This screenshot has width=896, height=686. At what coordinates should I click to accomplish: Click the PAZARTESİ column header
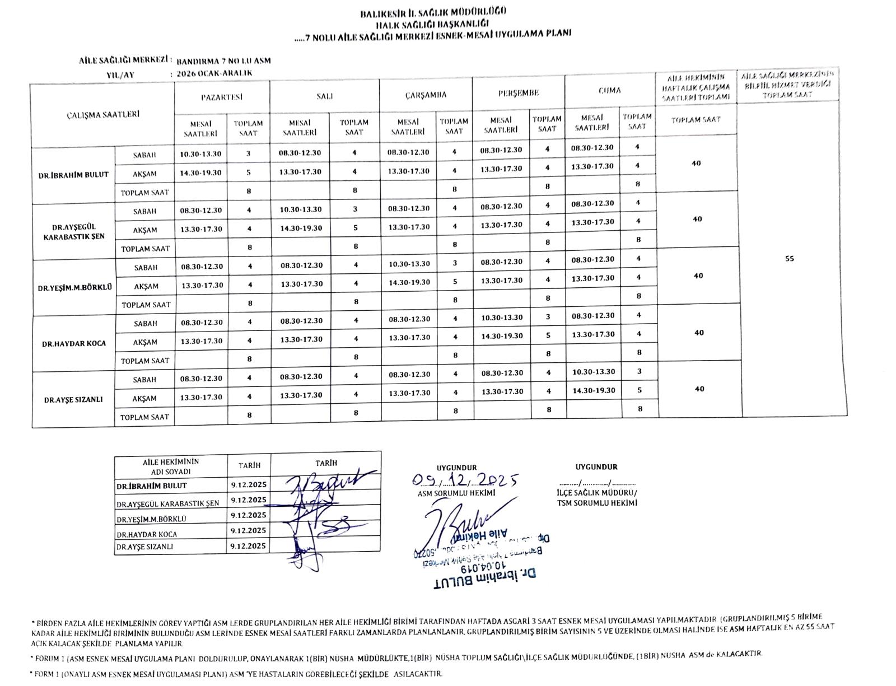(x=222, y=97)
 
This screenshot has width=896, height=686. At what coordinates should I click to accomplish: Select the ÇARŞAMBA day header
(x=426, y=95)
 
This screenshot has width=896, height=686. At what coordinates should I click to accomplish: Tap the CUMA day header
(x=609, y=90)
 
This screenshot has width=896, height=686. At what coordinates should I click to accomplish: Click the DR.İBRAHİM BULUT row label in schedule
(x=73, y=175)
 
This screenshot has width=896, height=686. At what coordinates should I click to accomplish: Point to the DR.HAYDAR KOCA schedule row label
(x=74, y=344)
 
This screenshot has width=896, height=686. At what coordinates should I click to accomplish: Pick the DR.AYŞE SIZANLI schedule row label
(x=74, y=400)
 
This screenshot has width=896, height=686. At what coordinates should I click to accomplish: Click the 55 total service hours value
(x=789, y=259)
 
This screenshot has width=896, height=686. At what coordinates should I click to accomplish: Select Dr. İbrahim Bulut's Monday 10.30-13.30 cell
(x=200, y=154)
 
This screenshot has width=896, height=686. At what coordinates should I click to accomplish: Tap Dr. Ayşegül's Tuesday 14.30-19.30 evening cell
(x=301, y=228)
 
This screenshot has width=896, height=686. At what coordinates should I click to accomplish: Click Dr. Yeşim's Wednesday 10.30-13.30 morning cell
(x=409, y=264)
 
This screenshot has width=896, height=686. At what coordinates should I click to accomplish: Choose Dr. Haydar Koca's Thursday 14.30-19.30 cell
(x=502, y=336)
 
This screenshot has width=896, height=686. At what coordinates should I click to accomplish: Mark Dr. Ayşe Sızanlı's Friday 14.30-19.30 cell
(x=594, y=390)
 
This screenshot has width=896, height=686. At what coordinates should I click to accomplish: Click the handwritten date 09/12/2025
(x=464, y=480)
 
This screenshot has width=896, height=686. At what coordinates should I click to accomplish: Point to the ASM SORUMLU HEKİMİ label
(x=456, y=493)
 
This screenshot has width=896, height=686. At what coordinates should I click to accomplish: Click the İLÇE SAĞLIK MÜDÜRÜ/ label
(x=597, y=493)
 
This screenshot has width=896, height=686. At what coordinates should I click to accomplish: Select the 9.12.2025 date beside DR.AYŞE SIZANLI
(x=248, y=545)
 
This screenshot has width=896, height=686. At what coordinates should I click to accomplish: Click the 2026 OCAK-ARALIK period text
(x=214, y=73)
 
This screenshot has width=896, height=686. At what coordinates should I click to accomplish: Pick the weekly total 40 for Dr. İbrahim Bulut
(x=696, y=164)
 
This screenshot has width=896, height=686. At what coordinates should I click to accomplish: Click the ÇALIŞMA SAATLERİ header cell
(x=102, y=115)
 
